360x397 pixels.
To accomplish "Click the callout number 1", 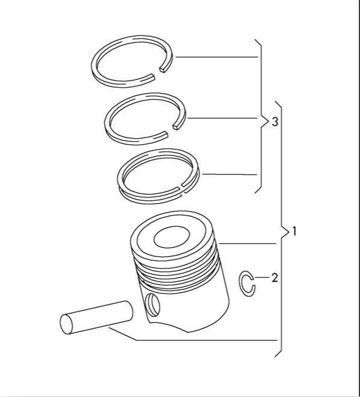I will pyautogui.click(x=294, y=231).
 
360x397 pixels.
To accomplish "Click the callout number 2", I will pyautogui.click(x=275, y=277).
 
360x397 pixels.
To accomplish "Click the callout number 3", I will pyautogui.click(x=275, y=123).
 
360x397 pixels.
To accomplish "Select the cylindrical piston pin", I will pyautogui.click(x=96, y=317).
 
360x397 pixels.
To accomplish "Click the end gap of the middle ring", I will pyautogui.click(x=170, y=128).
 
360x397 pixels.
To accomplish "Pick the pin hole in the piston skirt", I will pyautogui.click(x=152, y=305).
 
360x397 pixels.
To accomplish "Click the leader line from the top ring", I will pyautogui.click(x=216, y=58).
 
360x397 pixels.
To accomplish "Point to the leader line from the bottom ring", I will pyautogui.click(x=231, y=175).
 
